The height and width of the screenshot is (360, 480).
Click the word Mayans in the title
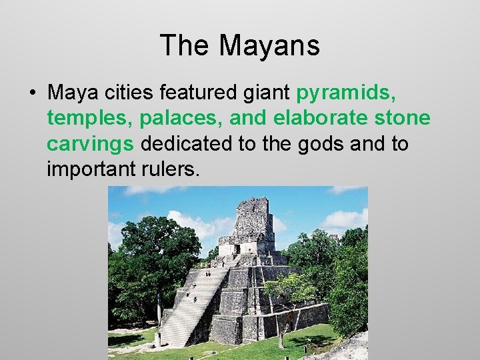click(x=269, y=46)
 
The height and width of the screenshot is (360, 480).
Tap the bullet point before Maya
click(x=33, y=90)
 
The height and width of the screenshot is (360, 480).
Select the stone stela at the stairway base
click(x=158, y=339)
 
